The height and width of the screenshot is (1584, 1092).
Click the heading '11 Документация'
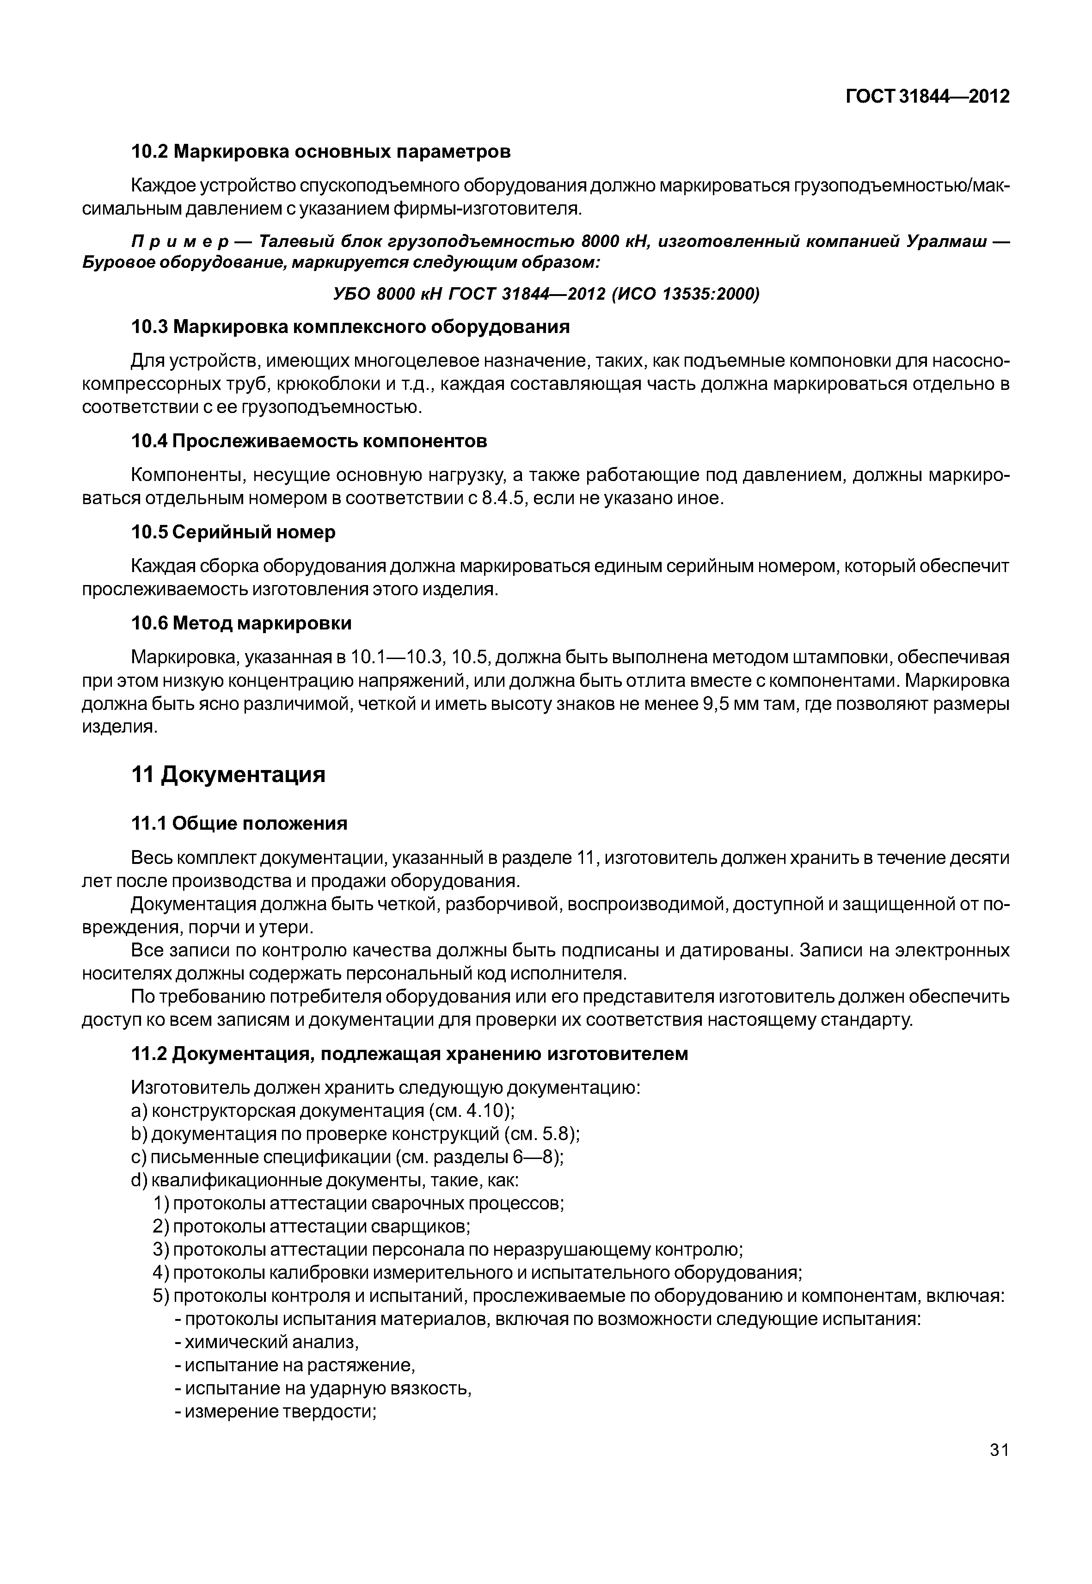(x=228, y=775)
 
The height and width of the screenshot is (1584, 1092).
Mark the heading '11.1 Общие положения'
(x=239, y=824)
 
